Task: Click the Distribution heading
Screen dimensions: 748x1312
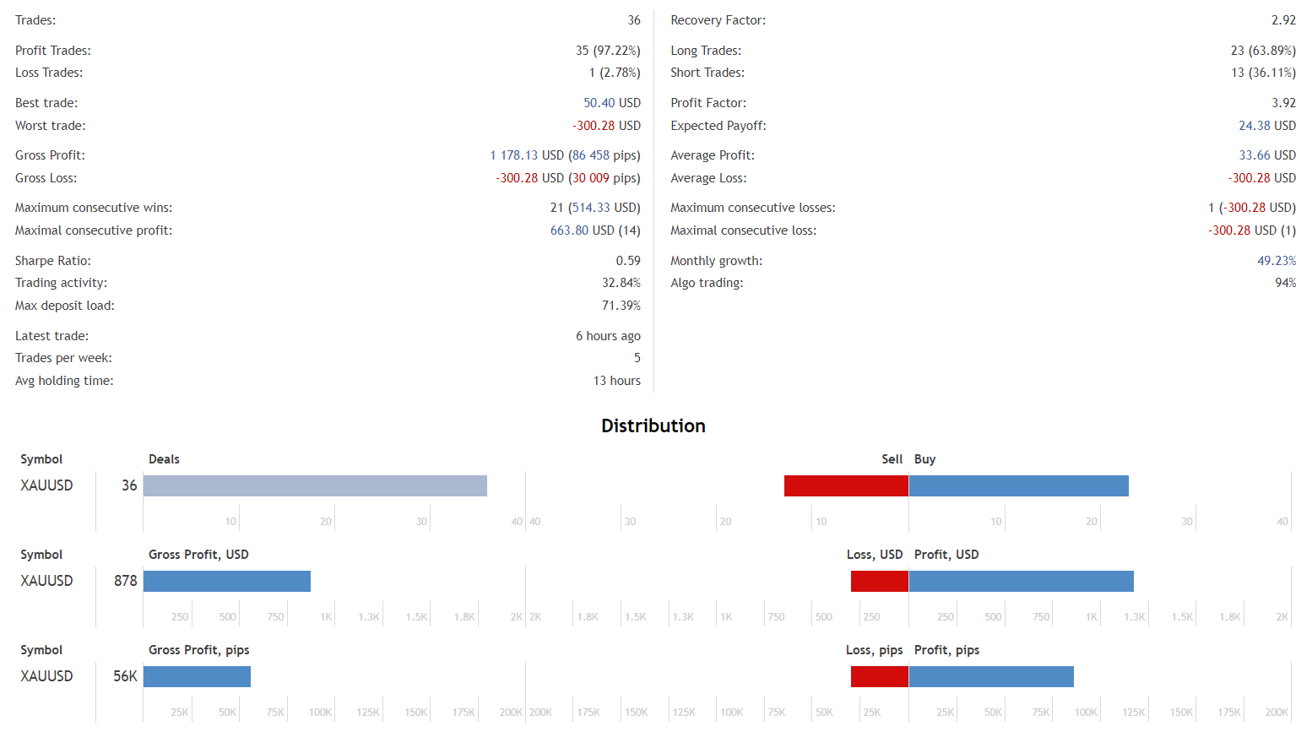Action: coord(653,425)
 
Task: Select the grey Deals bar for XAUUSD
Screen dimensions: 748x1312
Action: coord(315,485)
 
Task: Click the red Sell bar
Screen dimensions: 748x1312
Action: coord(846,485)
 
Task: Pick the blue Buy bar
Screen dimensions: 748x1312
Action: coord(1018,485)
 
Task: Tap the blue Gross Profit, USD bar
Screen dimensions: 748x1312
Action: coord(227,581)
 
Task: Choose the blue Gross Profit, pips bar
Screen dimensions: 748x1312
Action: coord(197,676)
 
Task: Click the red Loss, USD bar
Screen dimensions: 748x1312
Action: coord(879,581)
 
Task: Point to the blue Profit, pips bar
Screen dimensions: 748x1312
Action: coord(991,676)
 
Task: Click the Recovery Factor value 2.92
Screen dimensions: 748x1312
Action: coord(1283,20)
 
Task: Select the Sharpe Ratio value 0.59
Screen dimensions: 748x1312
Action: coord(627,261)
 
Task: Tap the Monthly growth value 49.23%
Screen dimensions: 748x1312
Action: coord(1276,261)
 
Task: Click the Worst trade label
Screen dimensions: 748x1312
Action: coord(51,126)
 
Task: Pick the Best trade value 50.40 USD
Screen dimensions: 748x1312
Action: coord(611,103)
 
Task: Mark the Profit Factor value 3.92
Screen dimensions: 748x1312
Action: coord(1283,103)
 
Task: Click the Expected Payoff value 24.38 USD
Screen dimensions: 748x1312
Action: coord(1266,126)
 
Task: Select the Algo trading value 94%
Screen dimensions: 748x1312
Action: coord(1285,283)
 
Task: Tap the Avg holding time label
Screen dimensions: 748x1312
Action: coord(64,381)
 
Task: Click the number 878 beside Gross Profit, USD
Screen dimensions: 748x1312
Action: coord(125,581)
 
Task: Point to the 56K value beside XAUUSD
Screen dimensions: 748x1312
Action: coord(125,676)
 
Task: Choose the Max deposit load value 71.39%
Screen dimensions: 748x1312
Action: coord(621,306)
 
